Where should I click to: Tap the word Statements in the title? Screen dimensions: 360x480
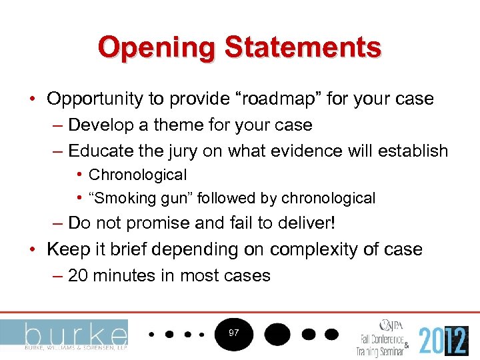click(303, 48)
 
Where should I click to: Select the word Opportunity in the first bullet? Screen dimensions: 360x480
click(95, 99)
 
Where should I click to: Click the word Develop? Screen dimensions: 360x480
click(101, 125)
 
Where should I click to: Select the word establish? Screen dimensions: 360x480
click(413, 151)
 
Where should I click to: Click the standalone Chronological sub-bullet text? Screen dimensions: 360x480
click(137, 175)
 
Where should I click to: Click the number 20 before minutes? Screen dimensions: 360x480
click(78, 275)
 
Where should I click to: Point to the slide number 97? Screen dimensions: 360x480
click(233, 332)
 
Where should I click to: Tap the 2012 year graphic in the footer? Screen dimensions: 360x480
click(443, 340)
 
